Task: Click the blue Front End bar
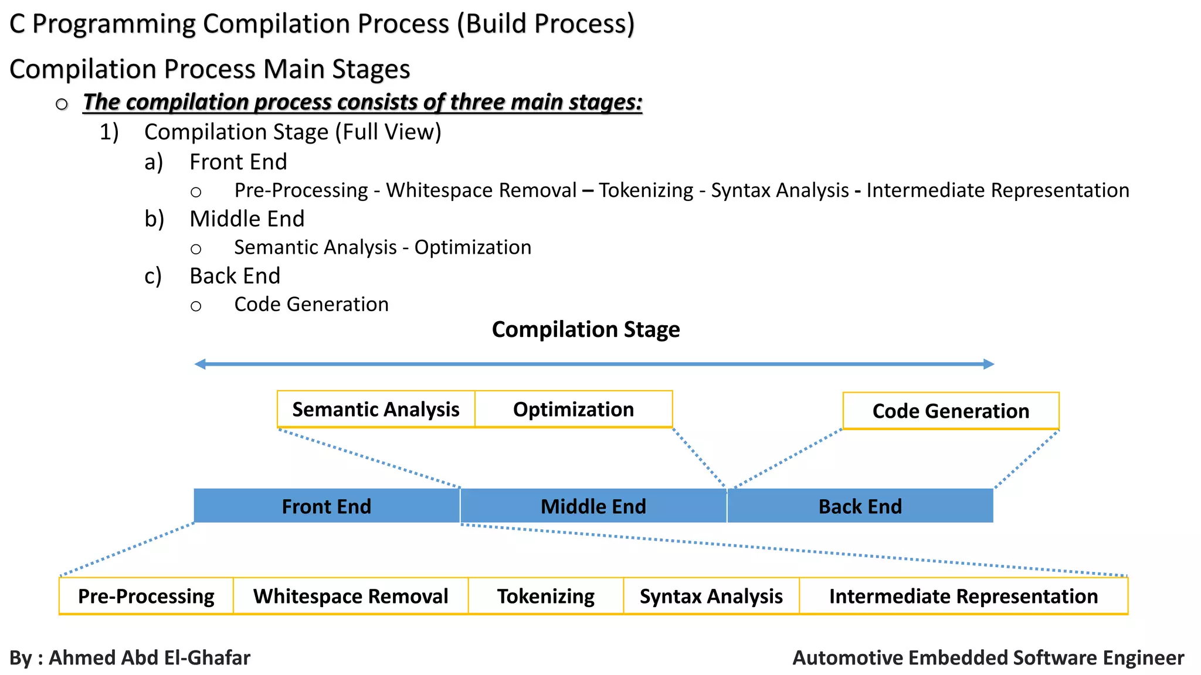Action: pyautogui.click(x=327, y=506)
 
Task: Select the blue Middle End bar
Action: pyautogui.click(x=593, y=506)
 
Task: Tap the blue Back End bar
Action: pyautogui.click(x=860, y=506)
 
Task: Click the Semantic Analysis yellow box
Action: pyautogui.click(x=375, y=409)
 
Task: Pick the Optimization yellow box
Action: pyautogui.click(x=573, y=409)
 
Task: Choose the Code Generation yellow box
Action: pyautogui.click(x=951, y=411)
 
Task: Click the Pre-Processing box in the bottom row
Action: pyautogui.click(x=146, y=596)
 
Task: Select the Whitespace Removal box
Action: pyautogui.click(x=351, y=596)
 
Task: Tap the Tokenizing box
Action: pyautogui.click(x=545, y=596)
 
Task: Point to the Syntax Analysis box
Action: pyautogui.click(x=711, y=596)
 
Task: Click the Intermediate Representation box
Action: pyautogui.click(x=963, y=596)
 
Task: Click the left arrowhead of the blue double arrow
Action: pyautogui.click(x=200, y=364)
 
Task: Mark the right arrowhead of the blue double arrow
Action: pyautogui.click(x=989, y=364)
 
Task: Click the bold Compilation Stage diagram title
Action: pyautogui.click(x=585, y=329)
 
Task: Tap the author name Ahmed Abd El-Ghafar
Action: pyautogui.click(x=150, y=657)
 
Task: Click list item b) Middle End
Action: pyautogui.click(x=246, y=219)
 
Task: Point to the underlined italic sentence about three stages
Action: pyautogui.click(x=362, y=102)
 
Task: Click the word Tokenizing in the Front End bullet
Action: pyautogui.click(x=646, y=190)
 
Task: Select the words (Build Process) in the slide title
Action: pyautogui.click(x=545, y=24)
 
